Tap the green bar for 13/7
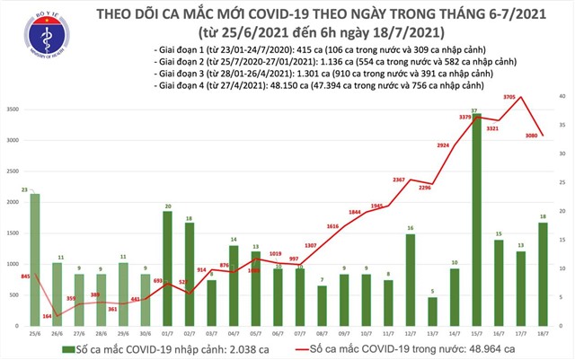[x=433, y=312]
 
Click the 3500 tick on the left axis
[x=13, y=110]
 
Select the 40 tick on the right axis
[x=562, y=96]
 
